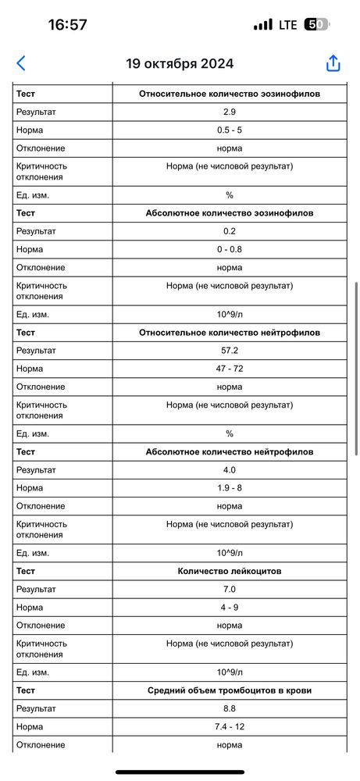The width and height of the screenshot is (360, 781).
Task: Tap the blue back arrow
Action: coord(21,63)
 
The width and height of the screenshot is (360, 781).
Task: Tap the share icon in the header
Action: coord(333,63)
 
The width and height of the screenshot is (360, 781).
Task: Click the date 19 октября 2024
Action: coord(180,64)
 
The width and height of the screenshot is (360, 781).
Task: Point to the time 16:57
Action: coord(67,24)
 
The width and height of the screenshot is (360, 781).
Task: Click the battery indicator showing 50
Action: coord(315,24)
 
